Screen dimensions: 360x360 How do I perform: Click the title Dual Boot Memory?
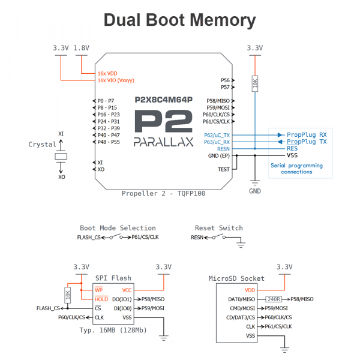point(180,20)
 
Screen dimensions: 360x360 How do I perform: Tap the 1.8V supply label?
point(82,47)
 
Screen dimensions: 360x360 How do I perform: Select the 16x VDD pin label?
point(107,73)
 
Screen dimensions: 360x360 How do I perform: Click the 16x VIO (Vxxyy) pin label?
point(116,80)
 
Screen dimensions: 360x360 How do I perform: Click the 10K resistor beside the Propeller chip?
point(255,83)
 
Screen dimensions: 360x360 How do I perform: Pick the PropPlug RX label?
point(307,134)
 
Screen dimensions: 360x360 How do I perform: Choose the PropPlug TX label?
point(307,142)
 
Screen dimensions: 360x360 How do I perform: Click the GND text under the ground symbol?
point(255,192)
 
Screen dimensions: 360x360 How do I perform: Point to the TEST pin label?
point(223,169)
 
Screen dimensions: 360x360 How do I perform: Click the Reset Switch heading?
point(219,228)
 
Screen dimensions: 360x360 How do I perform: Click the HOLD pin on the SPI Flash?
point(101,299)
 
